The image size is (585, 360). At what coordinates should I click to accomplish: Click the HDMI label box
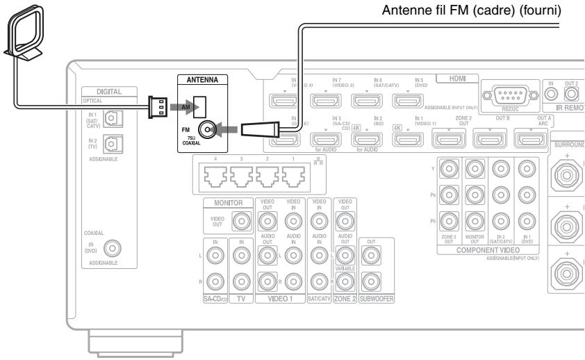tap(452, 81)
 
